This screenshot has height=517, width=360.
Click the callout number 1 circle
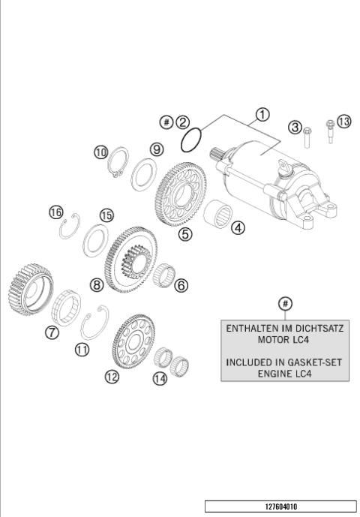262,115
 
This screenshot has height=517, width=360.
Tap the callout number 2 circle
183,122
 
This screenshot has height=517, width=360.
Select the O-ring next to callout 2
193,139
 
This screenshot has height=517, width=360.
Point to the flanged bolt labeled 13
328,135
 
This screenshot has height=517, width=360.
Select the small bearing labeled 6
166,276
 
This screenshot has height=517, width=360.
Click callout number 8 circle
97,284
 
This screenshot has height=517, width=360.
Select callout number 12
112,377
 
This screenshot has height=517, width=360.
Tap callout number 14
160,378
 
